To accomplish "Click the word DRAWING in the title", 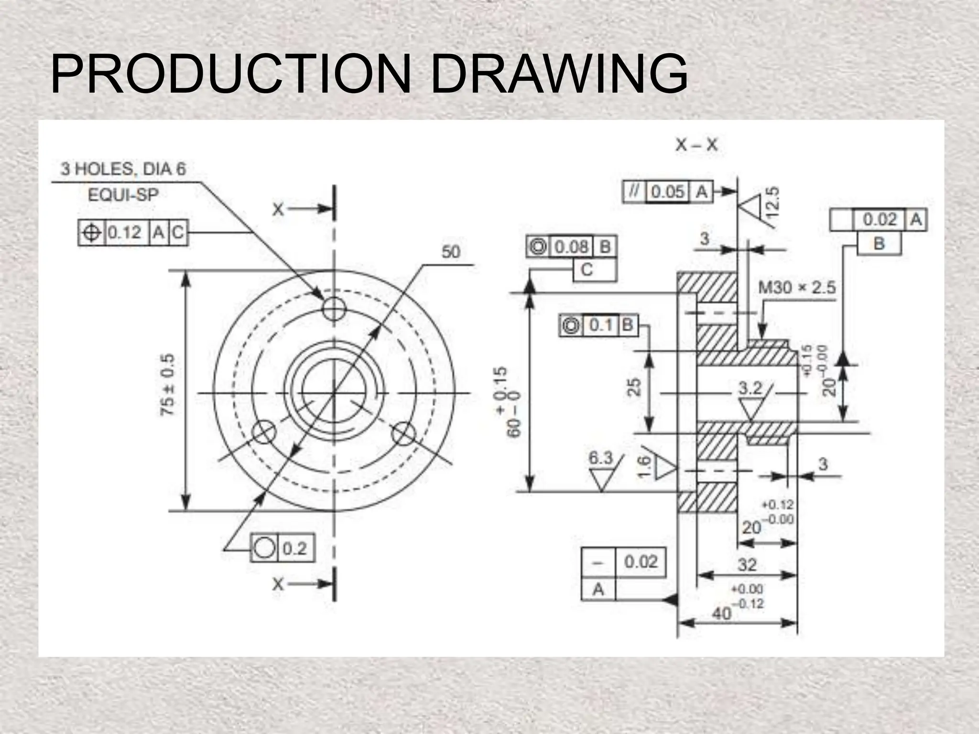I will (559, 75).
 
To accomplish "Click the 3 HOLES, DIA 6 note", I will (123, 169).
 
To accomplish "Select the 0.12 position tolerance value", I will (125, 233).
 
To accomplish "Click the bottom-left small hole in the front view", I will (264, 433).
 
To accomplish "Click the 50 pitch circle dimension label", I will (450, 252).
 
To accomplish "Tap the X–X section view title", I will (696, 145).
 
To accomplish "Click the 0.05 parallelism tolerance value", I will (668, 192).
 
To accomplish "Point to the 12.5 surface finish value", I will (773, 201).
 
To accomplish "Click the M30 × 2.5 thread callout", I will (797, 288).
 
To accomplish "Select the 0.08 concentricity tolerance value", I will (571, 247).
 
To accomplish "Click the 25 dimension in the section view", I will (634, 387).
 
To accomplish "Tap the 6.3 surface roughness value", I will (600, 458).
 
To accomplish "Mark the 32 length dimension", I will (747, 565).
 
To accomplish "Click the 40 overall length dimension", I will (722, 613).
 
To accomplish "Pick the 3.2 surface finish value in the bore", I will (751, 388).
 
